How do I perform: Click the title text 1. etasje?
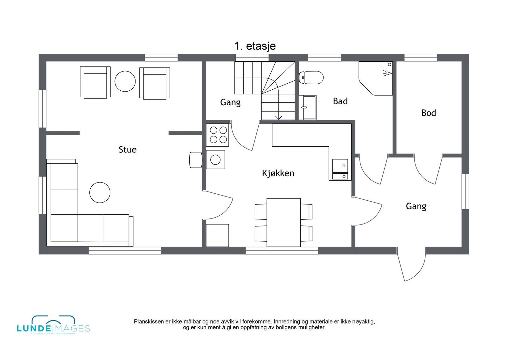[x=255, y=46]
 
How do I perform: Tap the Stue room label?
[x=128, y=149]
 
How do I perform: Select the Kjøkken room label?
[x=278, y=173]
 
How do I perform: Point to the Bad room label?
[x=340, y=101]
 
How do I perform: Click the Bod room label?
[x=429, y=113]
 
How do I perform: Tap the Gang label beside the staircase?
[x=230, y=102]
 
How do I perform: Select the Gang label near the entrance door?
[x=416, y=206]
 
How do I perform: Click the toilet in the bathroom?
[x=311, y=77]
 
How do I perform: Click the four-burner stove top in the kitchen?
[x=218, y=135]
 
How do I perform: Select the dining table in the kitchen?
[x=283, y=222]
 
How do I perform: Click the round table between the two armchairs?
[x=125, y=81]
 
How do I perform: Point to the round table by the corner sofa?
[x=100, y=192]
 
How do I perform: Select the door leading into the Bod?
[x=428, y=170]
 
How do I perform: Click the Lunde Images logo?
[x=53, y=325]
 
